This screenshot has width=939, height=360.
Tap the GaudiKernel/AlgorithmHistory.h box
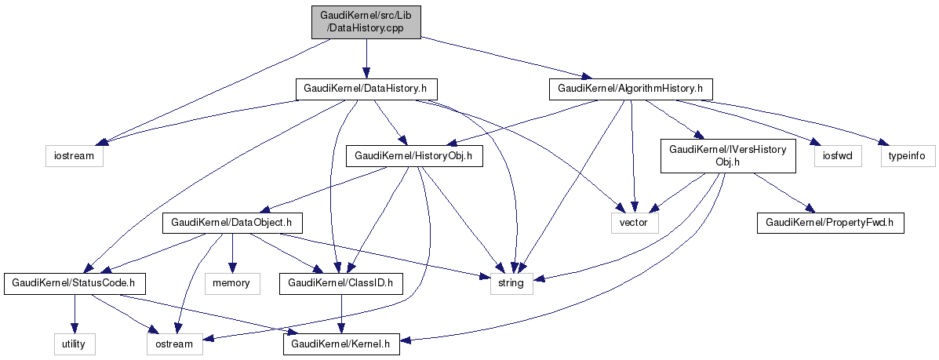coord(631,89)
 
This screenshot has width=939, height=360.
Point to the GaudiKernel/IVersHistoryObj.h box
coord(729,155)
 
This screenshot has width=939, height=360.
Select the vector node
coord(635,223)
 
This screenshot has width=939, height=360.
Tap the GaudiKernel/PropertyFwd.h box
coord(830,223)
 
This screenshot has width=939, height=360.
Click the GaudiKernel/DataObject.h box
coord(232,223)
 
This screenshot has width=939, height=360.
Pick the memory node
coord(231,282)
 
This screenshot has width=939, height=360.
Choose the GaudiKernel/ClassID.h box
coord(341,282)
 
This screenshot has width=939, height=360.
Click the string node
coord(511,282)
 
